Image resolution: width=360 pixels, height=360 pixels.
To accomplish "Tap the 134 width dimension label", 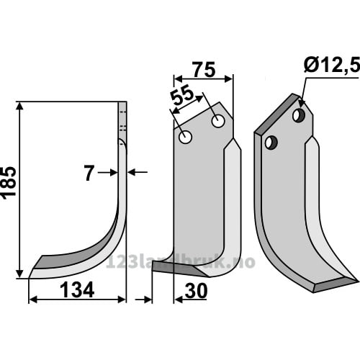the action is click(x=77, y=290).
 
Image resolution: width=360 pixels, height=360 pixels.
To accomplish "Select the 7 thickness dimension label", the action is click(x=89, y=174).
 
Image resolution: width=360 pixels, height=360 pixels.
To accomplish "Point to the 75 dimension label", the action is click(x=204, y=70).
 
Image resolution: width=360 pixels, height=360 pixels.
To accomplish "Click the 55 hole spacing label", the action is click(x=181, y=95).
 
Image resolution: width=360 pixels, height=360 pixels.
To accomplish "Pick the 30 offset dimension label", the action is click(x=196, y=291).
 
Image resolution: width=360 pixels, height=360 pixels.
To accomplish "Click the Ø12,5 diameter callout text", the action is click(x=332, y=65).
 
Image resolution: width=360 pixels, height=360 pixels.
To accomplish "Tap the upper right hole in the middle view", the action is click(x=218, y=121).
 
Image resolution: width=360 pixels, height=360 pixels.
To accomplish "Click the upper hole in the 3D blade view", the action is click(x=299, y=115).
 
